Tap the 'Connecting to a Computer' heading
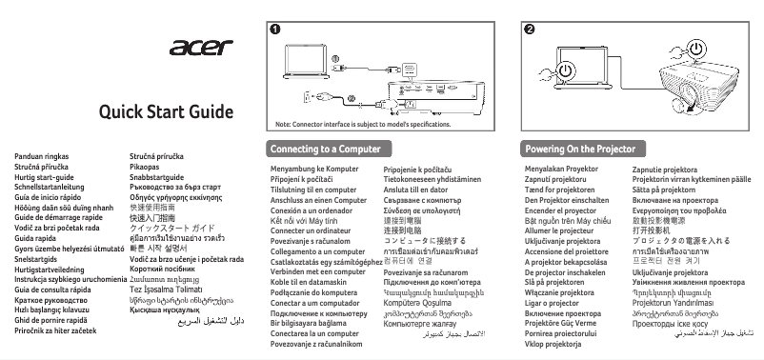pyautogui.click(x=318, y=150)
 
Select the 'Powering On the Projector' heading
pyautogui.click(x=580, y=150)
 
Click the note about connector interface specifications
pyautogui.click(x=362, y=125)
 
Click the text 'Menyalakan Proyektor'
pyautogui.click(x=561, y=169)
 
